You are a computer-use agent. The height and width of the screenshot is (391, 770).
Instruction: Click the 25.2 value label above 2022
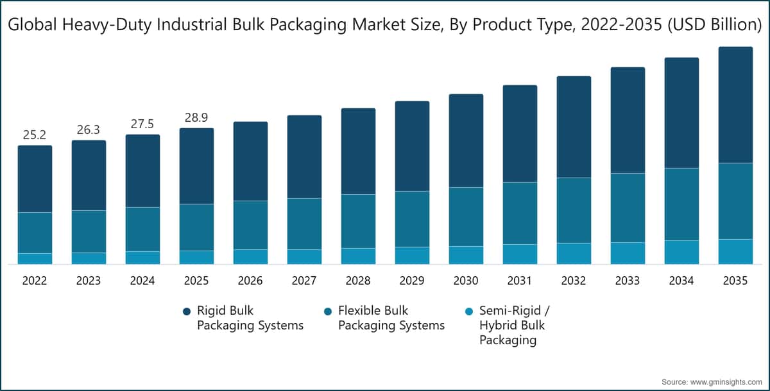pos(35,135)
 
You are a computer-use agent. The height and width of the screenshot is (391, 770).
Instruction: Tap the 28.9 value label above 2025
pos(196,118)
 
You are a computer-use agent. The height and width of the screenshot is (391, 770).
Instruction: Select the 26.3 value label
pos(89,130)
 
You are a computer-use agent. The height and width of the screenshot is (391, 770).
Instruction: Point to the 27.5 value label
pos(142,124)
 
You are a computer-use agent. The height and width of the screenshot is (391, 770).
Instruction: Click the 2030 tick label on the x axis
pos(466,281)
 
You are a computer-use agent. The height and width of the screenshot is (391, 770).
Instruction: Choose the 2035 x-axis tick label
pos(735,281)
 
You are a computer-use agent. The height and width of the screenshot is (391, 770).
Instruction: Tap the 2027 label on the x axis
pos(304,281)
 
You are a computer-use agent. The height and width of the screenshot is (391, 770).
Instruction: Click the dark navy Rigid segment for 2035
pos(735,104)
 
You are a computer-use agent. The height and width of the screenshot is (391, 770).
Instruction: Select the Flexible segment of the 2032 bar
pos(574,210)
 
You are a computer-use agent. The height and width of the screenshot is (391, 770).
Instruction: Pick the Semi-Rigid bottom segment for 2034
pos(681,252)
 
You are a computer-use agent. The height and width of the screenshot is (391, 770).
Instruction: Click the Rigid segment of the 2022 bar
pos(35,179)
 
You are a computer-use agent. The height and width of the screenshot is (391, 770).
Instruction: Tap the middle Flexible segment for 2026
pos(250,225)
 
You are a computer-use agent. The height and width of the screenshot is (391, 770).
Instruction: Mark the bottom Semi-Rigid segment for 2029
pos(412,255)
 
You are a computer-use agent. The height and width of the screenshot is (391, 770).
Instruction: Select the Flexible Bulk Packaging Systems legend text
pos(391,318)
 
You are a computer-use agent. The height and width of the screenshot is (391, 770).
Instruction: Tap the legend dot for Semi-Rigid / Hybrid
pos(469,311)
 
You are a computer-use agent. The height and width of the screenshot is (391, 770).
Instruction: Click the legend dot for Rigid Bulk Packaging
pos(187,311)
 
